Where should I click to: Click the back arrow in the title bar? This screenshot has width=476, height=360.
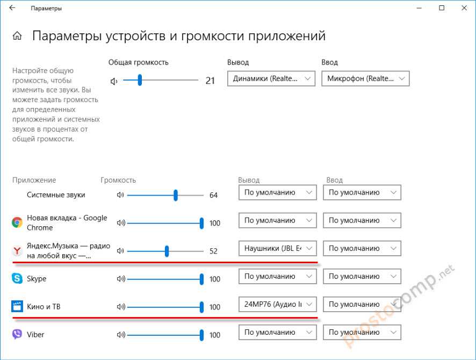(12, 8)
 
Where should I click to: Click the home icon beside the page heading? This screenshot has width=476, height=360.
(17, 37)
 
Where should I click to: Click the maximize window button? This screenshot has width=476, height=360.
(442, 8)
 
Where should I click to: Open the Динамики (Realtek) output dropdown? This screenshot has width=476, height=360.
(271, 79)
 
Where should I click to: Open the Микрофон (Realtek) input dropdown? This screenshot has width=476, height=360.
(365, 79)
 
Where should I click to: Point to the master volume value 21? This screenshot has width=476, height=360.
(210, 81)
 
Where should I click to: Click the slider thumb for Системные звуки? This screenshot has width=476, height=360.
(176, 195)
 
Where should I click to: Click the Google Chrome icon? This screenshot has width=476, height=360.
(17, 222)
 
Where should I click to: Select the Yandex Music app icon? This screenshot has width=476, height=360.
(17, 250)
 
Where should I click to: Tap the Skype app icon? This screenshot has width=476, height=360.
(17, 279)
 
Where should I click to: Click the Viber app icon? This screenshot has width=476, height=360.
(17, 335)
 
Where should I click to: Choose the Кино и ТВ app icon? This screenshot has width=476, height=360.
(17, 307)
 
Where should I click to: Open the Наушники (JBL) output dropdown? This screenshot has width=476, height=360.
(277, 248)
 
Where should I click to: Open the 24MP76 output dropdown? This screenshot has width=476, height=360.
(277, 304)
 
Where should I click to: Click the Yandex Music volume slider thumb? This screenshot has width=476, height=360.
(167, 251)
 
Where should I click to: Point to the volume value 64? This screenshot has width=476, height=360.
(213, 195)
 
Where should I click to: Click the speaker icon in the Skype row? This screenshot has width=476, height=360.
(120, 279)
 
